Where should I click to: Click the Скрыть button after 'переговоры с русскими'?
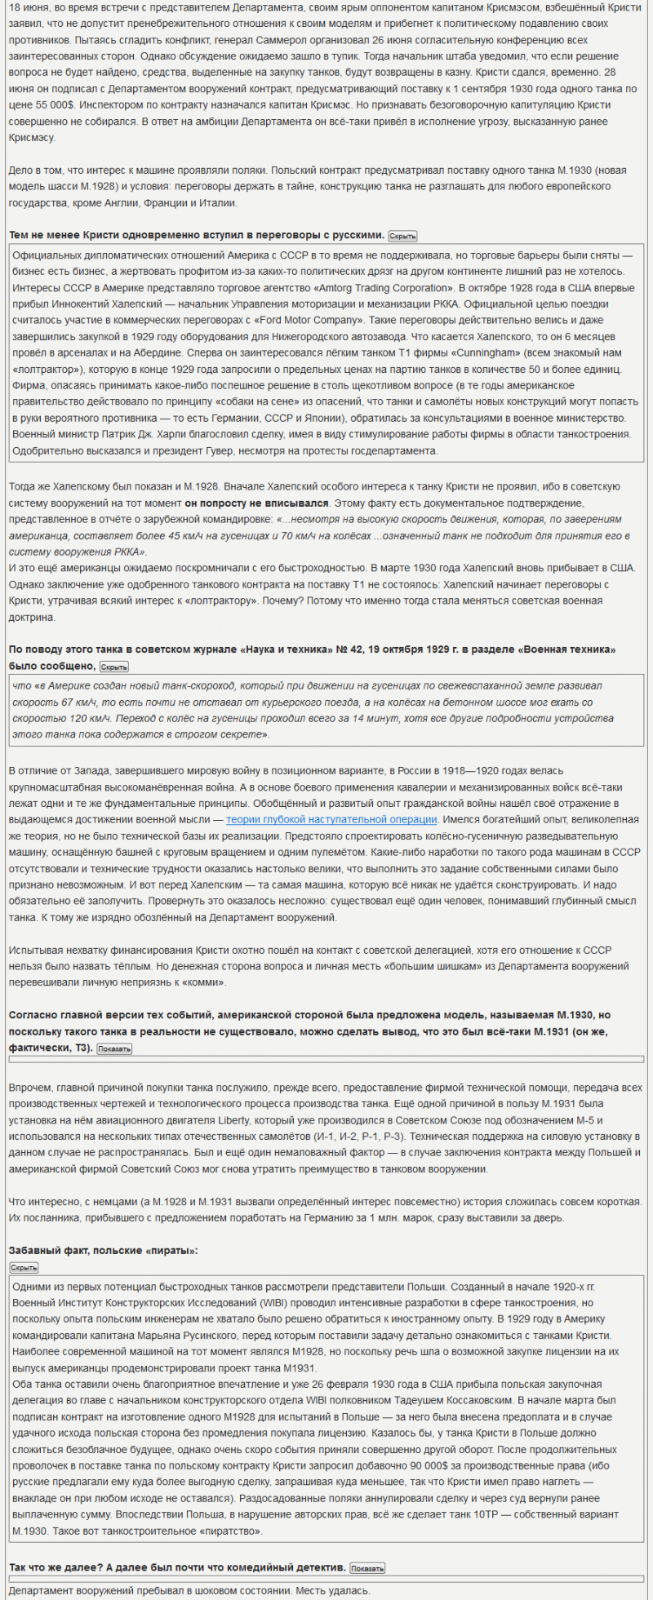402,236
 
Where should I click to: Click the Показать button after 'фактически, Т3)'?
114,1048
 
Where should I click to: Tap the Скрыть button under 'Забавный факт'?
24,1267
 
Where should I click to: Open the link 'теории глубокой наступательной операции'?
331,819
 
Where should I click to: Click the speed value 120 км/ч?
64,719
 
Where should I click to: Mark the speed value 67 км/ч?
74,702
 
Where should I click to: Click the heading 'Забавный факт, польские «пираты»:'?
103,1250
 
